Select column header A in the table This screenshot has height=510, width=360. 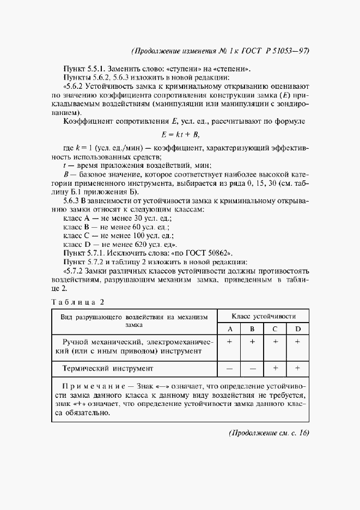pos(230,329)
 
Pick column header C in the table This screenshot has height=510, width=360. pos(276,329)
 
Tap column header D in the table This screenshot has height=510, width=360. pos(298,329)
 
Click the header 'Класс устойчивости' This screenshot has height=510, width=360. pos(264,316)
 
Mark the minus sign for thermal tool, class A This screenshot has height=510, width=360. pos(230,368)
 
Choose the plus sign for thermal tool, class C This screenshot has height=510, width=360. pos(276,368)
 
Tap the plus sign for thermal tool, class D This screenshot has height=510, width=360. pos(298,368)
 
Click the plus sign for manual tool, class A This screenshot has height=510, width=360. pos(230,341)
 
